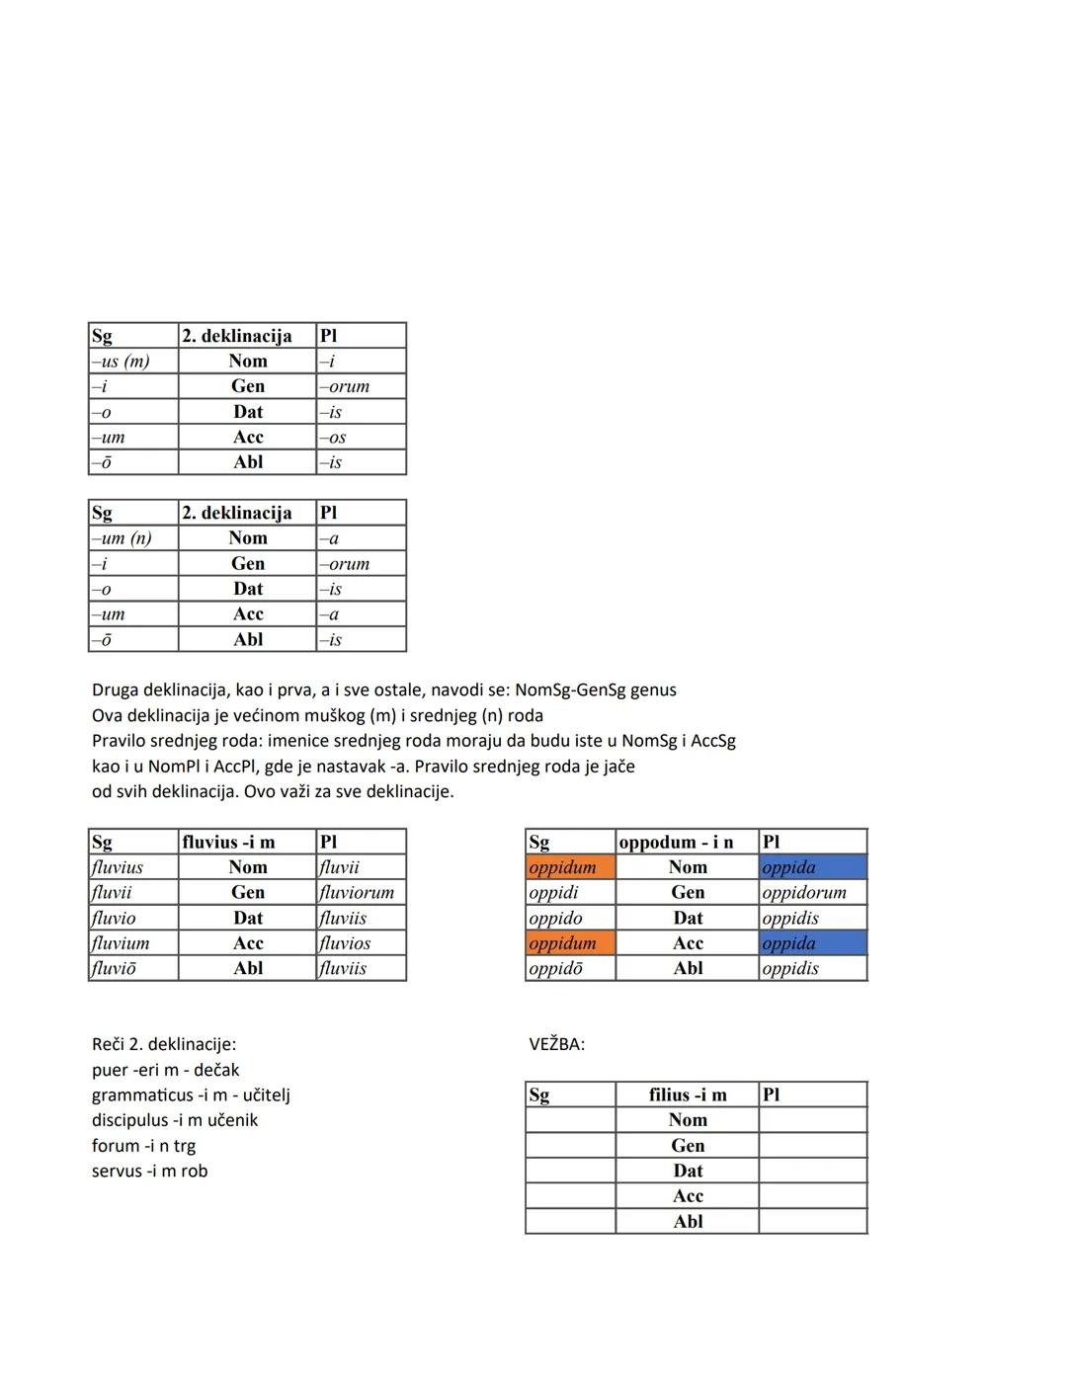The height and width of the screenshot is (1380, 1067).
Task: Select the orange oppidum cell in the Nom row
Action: [x=570, y=867]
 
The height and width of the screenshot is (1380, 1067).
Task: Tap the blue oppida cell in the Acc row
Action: [x=812, y=943]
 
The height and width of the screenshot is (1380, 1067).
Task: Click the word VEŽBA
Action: [x=556, y=1044]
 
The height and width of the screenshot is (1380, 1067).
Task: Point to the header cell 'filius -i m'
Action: [x=688, y=1095]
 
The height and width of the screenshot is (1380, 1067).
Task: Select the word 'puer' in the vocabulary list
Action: [x=110, y=1070]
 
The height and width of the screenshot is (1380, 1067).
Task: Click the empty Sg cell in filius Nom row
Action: [x=570, y=1120]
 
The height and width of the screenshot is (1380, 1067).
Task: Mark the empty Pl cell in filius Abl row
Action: [x=812, y=1221]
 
